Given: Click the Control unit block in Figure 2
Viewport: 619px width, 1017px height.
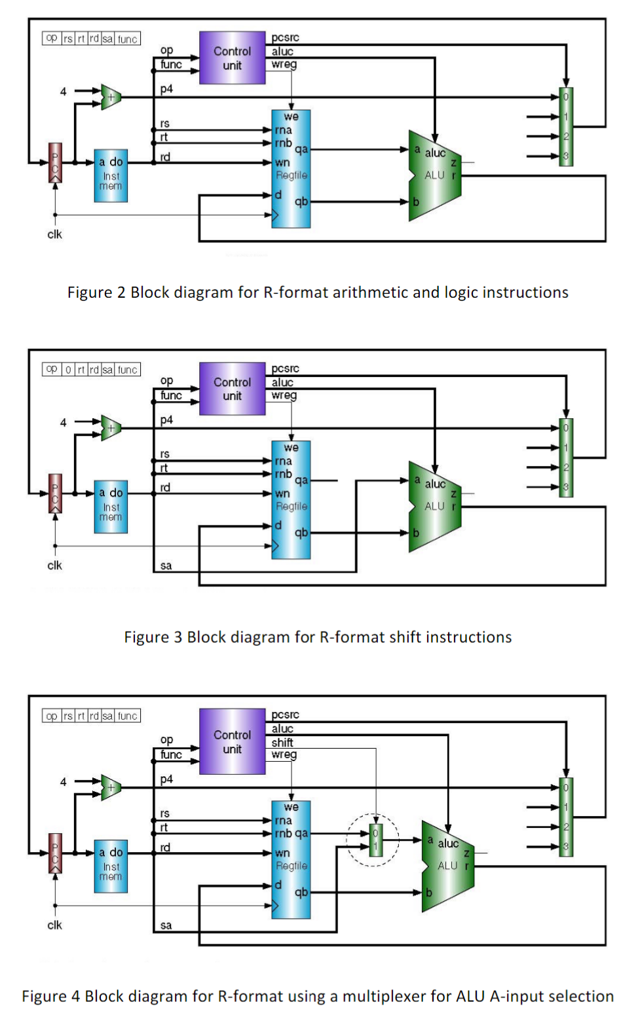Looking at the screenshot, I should [x=232, y=58].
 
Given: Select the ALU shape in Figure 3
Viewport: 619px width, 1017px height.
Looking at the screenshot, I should [x=434, y=506].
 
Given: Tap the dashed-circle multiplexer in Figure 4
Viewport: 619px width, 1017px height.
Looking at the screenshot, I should [x=375, y=840].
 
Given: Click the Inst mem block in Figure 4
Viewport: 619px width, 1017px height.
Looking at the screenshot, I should [x=111, y=866].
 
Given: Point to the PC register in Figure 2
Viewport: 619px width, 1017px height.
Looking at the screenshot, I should [x=56, y=163].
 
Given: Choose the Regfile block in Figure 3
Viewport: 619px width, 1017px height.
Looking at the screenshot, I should [x=291, y=499].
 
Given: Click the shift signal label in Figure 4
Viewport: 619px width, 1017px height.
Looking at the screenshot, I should [x=282, y=742].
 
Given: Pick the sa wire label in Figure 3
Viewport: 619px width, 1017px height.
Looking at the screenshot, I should [x=166, y=565].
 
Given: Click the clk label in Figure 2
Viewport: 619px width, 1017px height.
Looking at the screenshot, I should [x=55, y=234].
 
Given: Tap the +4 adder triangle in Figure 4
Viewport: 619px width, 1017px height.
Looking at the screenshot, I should [x=111, y=787].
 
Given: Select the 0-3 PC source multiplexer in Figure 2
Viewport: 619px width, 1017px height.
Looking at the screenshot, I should [x=566, y=127].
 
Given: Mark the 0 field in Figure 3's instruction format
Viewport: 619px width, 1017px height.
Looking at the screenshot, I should [x=68, y=370].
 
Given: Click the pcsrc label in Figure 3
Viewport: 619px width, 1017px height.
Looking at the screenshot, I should [x=285, y=369].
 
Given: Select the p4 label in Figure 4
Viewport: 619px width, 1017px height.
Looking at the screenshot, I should [x=166, y=779].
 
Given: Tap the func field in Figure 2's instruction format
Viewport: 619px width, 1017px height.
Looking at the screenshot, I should [x=128, y=39].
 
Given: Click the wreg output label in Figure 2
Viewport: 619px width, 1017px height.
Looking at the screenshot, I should [x=284, y=64].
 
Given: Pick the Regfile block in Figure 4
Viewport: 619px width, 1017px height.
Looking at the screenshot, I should [x=291, y=859].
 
